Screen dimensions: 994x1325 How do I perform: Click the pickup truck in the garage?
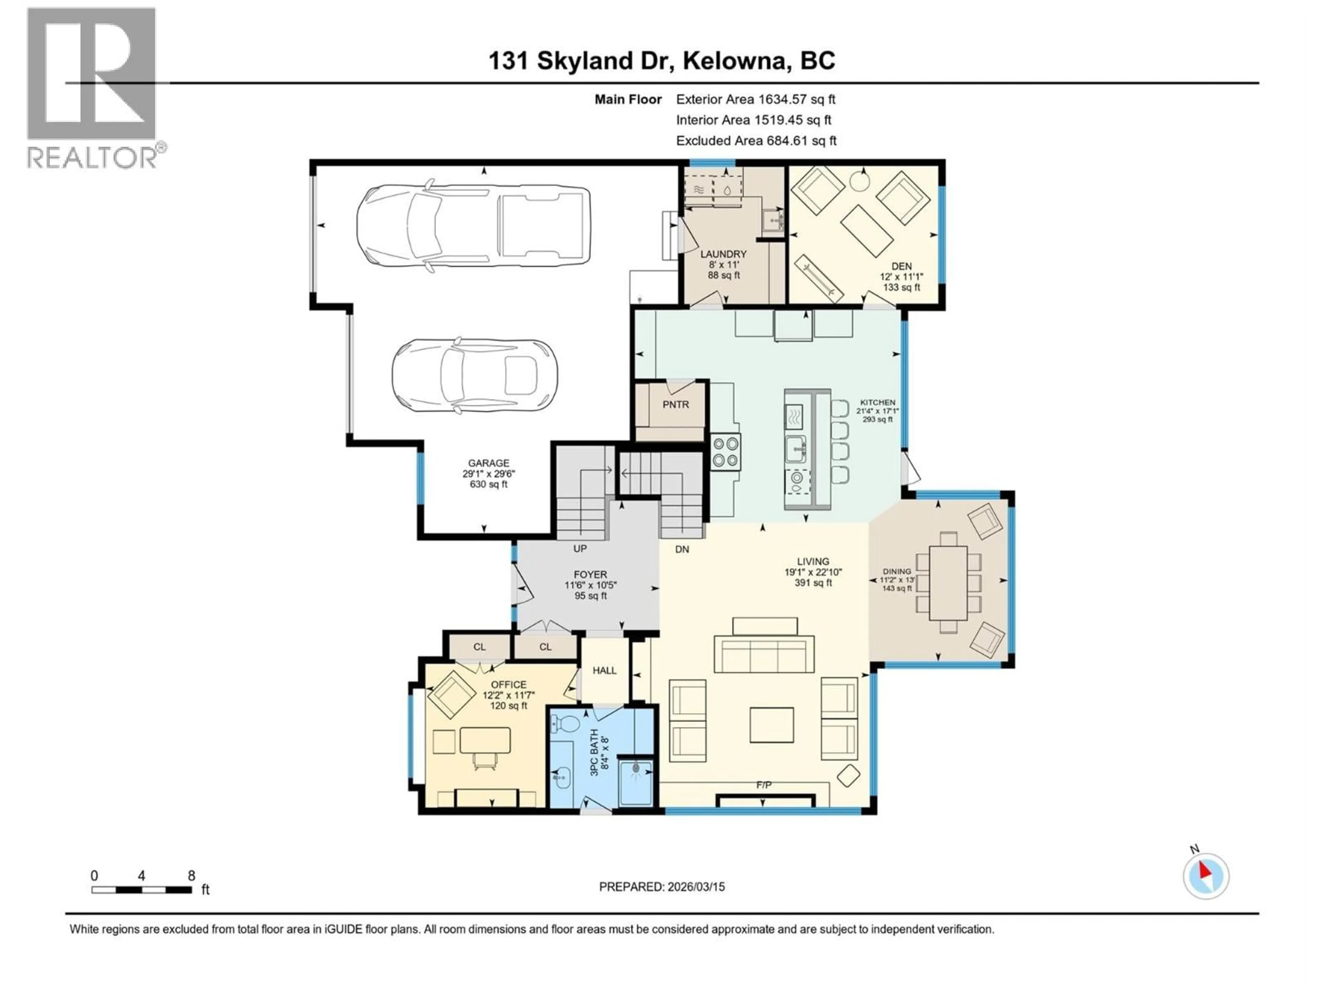pos(473,226)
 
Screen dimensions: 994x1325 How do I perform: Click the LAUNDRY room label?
pos(723,254)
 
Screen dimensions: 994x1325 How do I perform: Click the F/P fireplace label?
pos(763,785)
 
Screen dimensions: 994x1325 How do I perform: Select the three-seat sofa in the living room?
pos(764,655)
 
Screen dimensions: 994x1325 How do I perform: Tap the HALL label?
pos(605,671)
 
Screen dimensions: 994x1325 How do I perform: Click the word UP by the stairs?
pos(580,548)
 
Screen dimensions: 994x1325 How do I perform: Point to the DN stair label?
pos(682,549)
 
